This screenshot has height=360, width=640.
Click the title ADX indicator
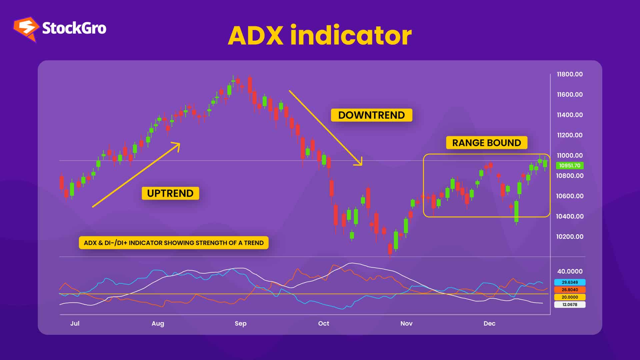pyautogui.click(x=320, y=35)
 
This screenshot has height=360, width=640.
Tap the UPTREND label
pyautogui.click(x=170, y=193)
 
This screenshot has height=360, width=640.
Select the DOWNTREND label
pyautogui.click(x=371, y=115)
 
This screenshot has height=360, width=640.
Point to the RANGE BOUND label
pyautogui.click(x=486, y=143)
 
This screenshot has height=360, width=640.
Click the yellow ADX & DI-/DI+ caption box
pyautogui.click(x=174, y=243)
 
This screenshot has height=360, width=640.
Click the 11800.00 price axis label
pyautogui.click(x=570, y=74)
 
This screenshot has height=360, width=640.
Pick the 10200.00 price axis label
pyautogui.click(x=570, y=237)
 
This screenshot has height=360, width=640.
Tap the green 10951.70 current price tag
pyautogui.click(x=570, y=166)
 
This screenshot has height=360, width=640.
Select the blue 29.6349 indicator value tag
pyautogui.click(x=570, y=282)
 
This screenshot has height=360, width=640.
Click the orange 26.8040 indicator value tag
pyautogui.click(x=570, y=290)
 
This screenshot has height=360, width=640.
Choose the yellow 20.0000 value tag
pyautogui.click(x=570, y=297)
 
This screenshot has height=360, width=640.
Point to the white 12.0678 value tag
pyautogui.click(x=570, y=304)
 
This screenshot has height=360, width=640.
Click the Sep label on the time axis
pyautogui.click(x=240, y=323)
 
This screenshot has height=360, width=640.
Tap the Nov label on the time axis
pyautogui.click(x=406, y=323)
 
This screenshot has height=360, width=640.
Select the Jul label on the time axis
pyautogui.click(x=75, y=323)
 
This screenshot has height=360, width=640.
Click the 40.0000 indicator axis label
pyautogui.click(x=570, y=271)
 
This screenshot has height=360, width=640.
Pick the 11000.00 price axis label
pyautogui.click(x=570, y=155)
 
